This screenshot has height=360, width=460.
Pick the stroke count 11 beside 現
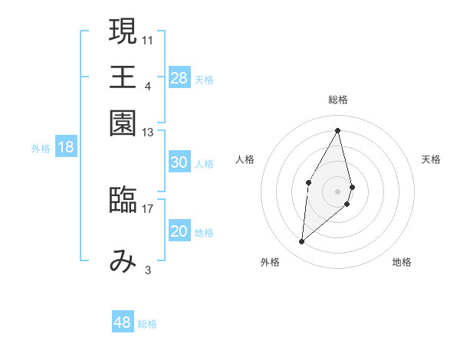(x=148, y=39)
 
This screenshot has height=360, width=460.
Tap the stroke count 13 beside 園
(x=148, y=133)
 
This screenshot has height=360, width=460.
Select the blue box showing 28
(x=179, y=77)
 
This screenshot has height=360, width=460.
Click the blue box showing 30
(x=179, y=162)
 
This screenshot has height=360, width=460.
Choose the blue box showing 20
(x=179, y=231)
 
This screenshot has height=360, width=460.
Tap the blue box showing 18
(x=66, y=147)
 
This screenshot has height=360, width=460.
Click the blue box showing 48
(x=123, y=322)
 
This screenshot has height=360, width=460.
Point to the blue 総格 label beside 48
(x=147, y=324)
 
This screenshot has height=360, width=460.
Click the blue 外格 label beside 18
(x=40, y=149)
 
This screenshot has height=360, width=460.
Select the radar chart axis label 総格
(x=337, y=100)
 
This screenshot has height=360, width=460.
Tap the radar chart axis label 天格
(x=431, y=159)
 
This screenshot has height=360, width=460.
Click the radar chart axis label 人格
(x=245, y=159)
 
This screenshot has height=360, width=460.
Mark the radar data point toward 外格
(x=302, y=242)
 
